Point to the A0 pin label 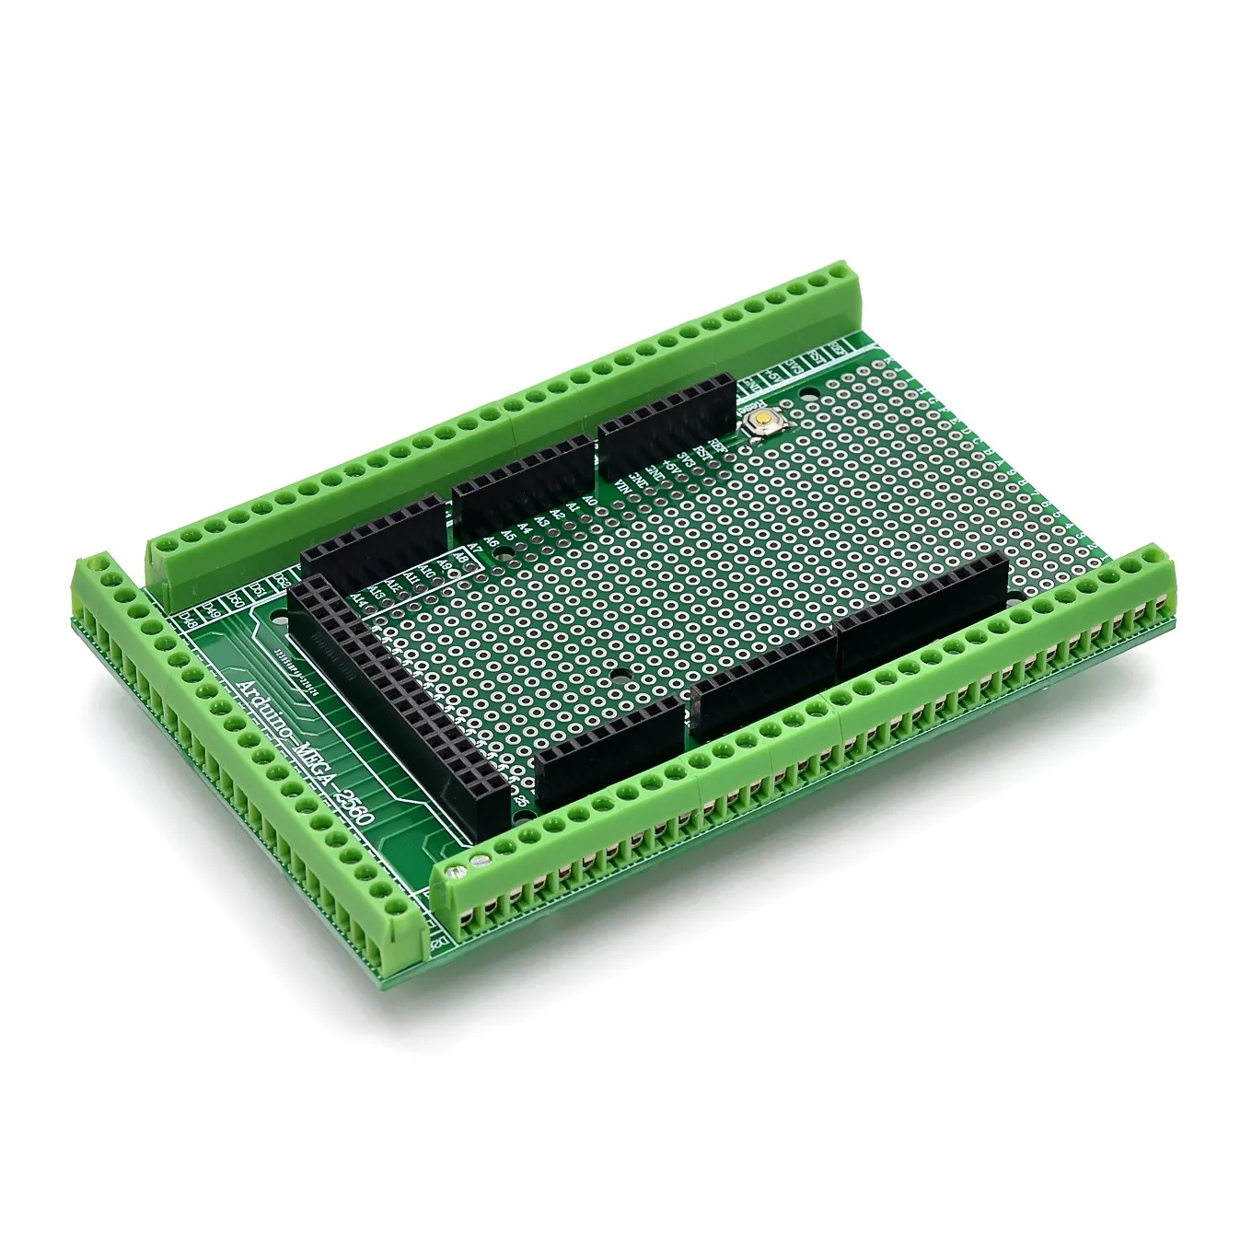[590, 502]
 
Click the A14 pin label [357, 598]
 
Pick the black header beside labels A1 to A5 [525, 479]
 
